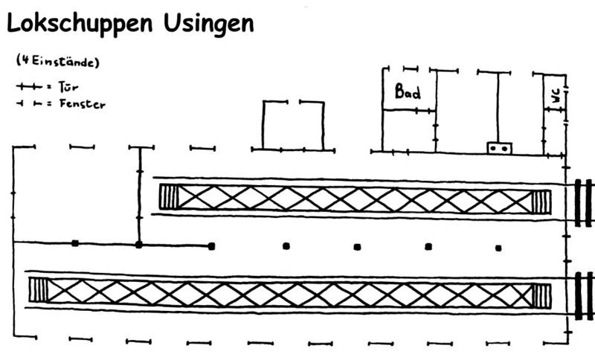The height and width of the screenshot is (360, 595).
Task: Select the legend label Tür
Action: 68,87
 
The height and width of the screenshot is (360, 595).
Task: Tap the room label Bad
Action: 408,92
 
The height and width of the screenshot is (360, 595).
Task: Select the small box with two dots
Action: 500,148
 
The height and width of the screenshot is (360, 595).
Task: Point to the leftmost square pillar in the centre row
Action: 75,243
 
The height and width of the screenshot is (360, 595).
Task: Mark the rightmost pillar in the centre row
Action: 498,248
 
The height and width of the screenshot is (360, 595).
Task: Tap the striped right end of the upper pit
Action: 542,201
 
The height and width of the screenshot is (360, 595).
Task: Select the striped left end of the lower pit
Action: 38,290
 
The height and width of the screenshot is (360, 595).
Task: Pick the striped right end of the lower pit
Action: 542,295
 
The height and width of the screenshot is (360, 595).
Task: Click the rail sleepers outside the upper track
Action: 583,202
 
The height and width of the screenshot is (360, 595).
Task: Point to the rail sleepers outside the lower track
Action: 583,295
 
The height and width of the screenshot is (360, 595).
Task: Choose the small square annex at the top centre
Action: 292,125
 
